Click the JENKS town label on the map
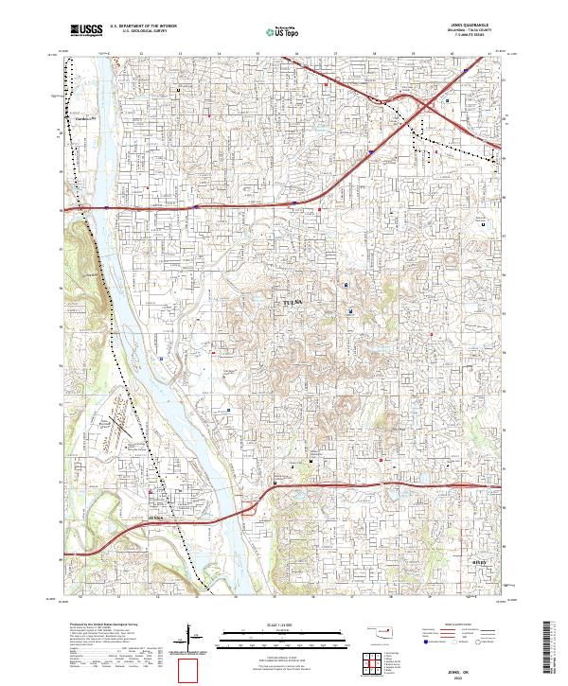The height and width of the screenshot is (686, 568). (156, 519)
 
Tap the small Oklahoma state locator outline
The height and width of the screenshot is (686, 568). (378, 628)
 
